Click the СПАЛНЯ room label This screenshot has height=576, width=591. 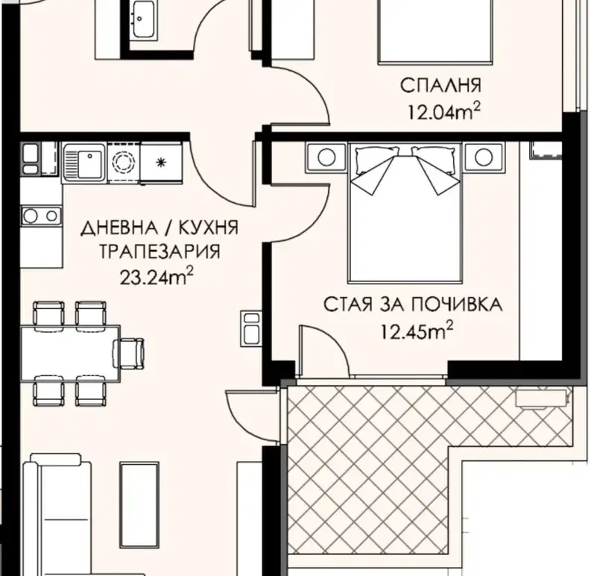pyautogui.click(x=440, y=85)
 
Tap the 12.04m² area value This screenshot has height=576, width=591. pyautogui.click(x=444, y=112)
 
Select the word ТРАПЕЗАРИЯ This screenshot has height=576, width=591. pyautogui.click(x=159, y=251)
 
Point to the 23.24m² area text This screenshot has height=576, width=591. pyautogui.click(x=157, y=278)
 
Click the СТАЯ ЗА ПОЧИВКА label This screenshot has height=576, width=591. pyautogui.click(x=413, y=304)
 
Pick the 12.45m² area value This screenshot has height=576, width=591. pyautogui.click(x=417, y=331)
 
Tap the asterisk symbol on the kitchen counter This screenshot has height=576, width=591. pyautogui.click(x=161, y=163)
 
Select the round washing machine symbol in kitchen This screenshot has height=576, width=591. pyautogui.click(x=124, y=163)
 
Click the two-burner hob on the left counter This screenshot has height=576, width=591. pyautogui.click(x=41, y=216)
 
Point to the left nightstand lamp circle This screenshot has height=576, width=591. pyautogui.click(x=326, y=157)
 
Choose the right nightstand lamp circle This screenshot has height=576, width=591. pyautogui.click(x=484, y=157)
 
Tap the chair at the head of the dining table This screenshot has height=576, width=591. pyautogui.click(x=128, y=354)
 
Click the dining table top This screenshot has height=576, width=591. pyautogui.click(x=71, y=354)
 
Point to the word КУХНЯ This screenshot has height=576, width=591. pyautogui.click(x=209, y=228)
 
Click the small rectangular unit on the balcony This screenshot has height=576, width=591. pyautogui.click(x=541, y=398)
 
